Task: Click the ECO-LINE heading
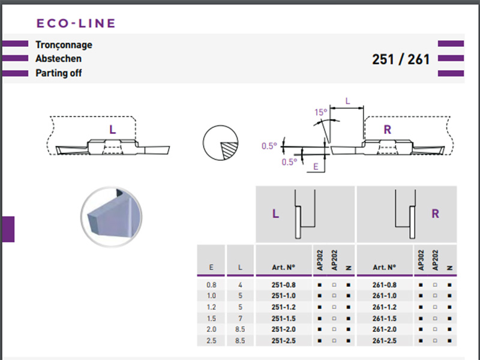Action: (x=76, y=24)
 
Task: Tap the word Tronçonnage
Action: (x=64, y=45)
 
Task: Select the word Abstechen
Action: (x=58, y=59)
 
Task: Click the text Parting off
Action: (x=59, y=73)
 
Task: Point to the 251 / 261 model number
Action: (x=401, y=59)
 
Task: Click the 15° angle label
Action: (x=321, y=112)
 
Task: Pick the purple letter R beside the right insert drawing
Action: (x=388, y=130)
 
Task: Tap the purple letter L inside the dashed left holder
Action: (x=113, y=129)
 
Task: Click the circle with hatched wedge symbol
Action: (x=220, y=145)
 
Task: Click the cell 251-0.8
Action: (x=284, y=284)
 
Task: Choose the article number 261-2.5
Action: (x=385, y=341)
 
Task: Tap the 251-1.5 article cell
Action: (x=284, y=319)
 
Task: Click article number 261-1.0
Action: (x=385, y=296)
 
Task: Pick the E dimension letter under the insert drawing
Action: (x=316, y=167)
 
